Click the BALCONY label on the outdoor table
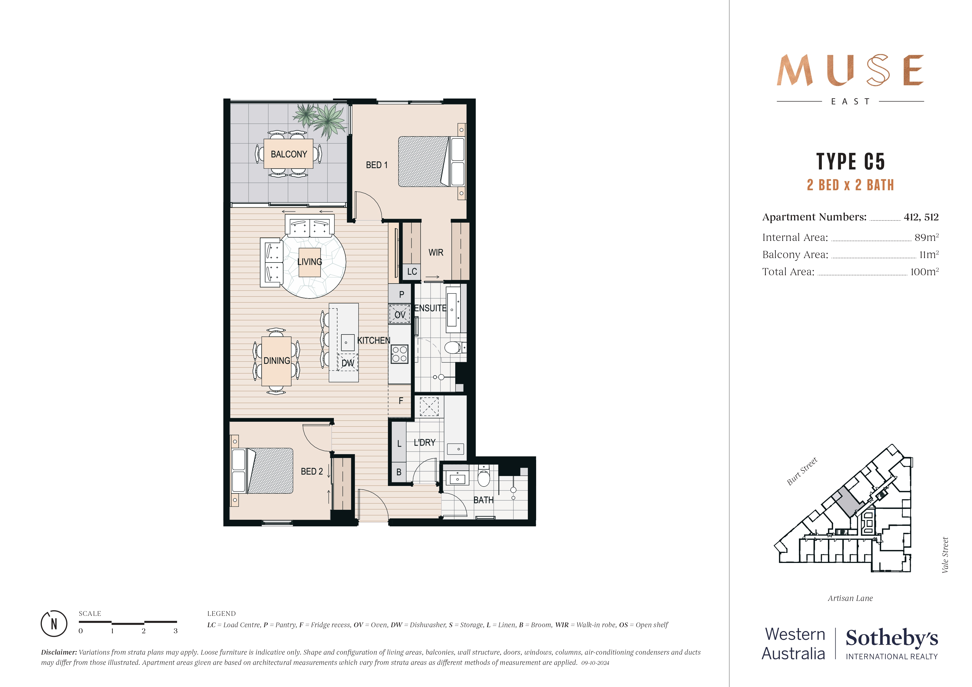(x=289, y=154)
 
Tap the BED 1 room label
(x=376, y=165)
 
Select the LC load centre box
(x=412, y=272)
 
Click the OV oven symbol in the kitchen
(x=400, y=315)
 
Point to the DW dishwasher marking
(x=347, y=363)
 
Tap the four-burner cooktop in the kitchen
(x=399, y=354)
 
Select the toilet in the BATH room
(x=484, y=478)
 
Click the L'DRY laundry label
(x=424, y=442)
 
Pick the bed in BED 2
(x=262, y=471)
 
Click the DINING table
(x=277, y=361)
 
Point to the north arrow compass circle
(x=54, y=624)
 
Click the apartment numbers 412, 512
(x=921, y=217)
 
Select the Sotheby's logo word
(x=892, y=638)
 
